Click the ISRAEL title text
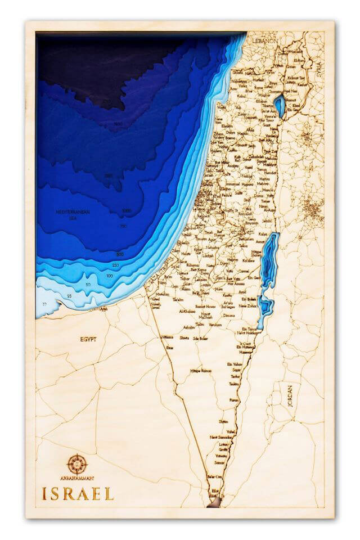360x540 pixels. click(x=78, y=494)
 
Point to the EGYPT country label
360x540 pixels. click(x=88, y=340)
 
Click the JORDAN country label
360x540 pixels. click(x=290, y=400)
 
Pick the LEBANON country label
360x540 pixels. click(x=264, y=42)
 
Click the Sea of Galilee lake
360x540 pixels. click(x=279, y=106)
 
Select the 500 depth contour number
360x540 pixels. click(x=120, y=255)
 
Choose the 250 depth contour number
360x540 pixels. click(x=115, y=265)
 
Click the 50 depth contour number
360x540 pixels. click(x=88, y=286)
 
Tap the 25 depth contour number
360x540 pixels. click(x=69, y=296)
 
